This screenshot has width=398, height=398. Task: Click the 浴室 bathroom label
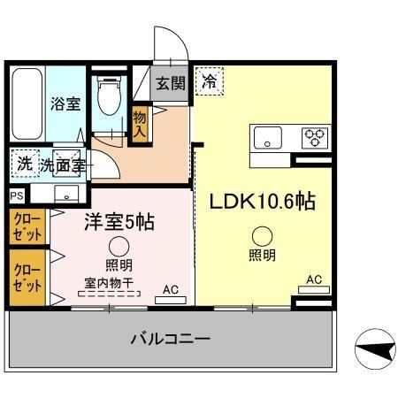point(65,103)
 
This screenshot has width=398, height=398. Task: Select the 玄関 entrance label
point(171,84)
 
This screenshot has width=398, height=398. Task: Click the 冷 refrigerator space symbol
point(210,80)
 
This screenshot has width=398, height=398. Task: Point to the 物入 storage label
point(140,123)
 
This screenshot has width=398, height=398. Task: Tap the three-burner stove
point(315,136)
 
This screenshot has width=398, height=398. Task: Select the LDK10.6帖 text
point(262,201)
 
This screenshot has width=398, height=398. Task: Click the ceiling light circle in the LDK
point(262,236)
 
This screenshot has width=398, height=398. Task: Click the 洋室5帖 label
point(119,222)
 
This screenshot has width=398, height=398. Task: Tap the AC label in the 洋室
point(171,288)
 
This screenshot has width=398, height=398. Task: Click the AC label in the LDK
point(313,280)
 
